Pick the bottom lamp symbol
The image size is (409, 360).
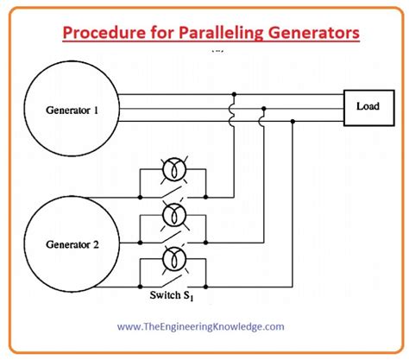pyautogui.click(x=173, y=258)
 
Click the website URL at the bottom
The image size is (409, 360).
pyautogui.click(x=204, y=326)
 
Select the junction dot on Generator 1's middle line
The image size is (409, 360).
pyautogui.click(x=263, y=108)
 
